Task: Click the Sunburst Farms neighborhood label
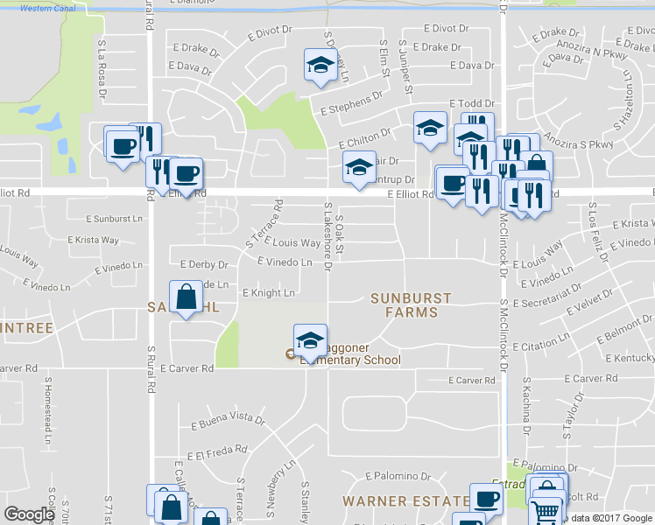410,305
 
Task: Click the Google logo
29,514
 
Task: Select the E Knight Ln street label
268,293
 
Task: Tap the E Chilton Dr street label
364,138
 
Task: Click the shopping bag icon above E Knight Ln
187,297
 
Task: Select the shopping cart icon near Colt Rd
546,509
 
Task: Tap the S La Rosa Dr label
102,66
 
